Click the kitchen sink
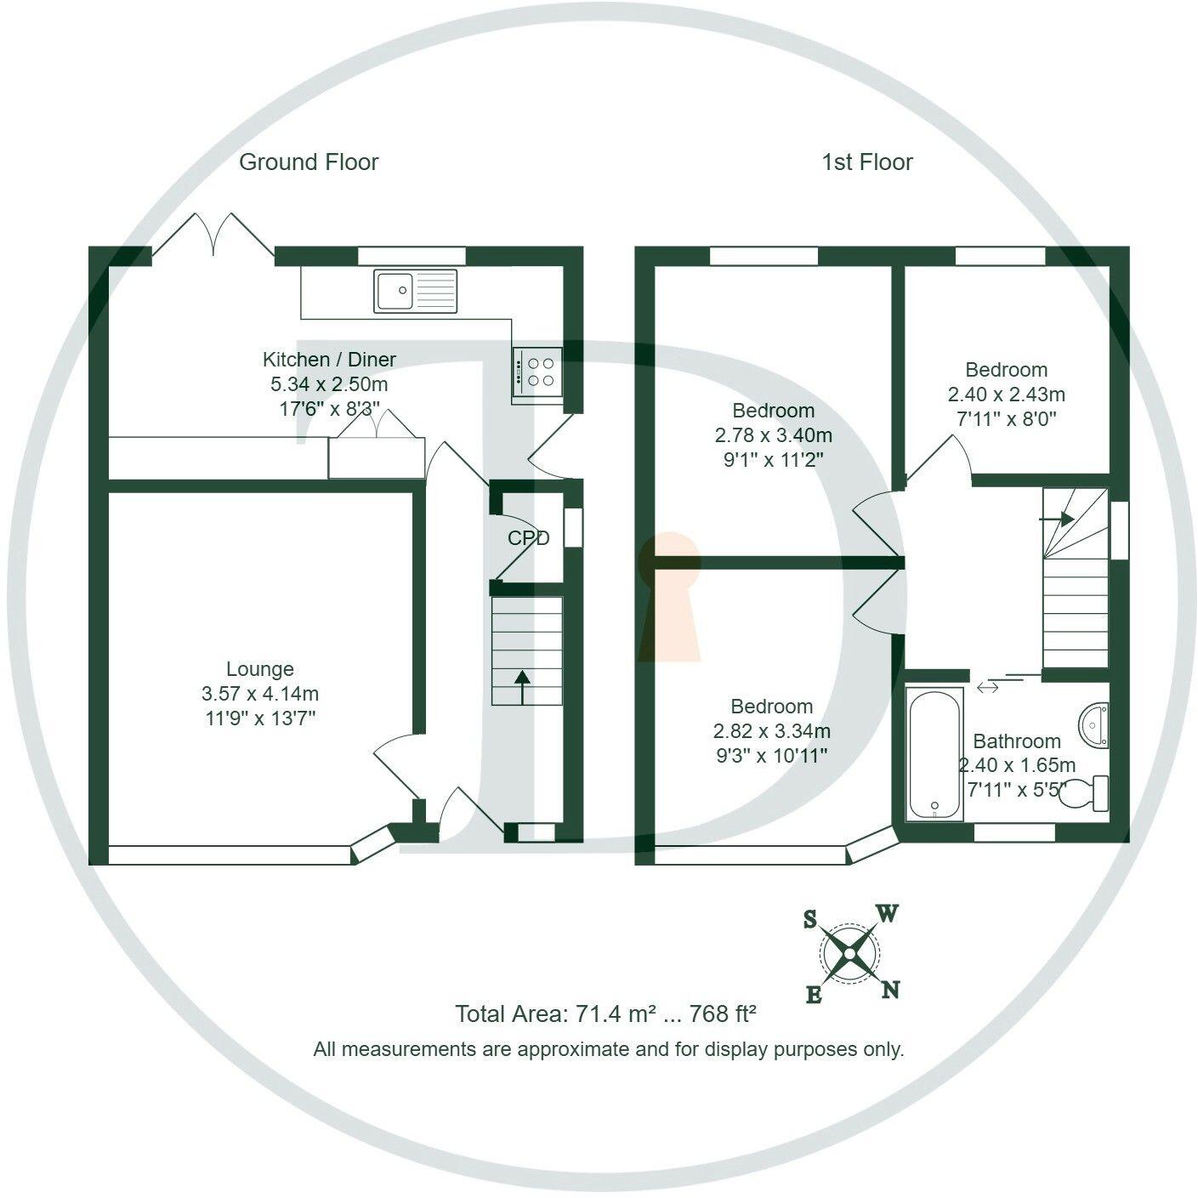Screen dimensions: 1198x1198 415,291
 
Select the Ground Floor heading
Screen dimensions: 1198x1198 309,162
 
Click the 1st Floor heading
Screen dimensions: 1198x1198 866,162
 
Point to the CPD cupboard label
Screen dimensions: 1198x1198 528,538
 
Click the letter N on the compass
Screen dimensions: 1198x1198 890,990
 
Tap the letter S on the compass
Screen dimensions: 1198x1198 810,919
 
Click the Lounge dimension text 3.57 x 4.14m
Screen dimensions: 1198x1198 260,694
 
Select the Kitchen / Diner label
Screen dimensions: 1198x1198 329,360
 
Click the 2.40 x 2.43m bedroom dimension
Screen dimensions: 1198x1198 1006,395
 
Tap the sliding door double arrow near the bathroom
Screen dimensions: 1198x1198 988,686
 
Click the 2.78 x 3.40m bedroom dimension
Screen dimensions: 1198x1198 773,435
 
